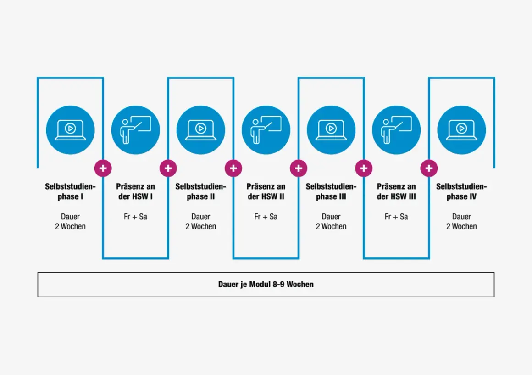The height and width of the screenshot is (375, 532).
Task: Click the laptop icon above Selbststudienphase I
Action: [70, 130]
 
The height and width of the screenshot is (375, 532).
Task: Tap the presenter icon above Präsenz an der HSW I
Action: [135, 130]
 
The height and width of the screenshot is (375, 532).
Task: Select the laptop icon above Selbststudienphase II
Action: [200, 130]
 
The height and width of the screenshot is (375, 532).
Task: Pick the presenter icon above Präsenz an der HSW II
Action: [266, 130]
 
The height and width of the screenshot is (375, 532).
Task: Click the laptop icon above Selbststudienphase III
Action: [331, 130]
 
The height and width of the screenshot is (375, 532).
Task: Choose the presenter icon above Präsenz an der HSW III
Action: [396, 130]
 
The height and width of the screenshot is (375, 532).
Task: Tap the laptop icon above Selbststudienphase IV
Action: [461, 130]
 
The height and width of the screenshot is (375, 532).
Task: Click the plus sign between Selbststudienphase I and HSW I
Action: [103, 168]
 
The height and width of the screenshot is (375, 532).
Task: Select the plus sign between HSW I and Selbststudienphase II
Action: [168, 168]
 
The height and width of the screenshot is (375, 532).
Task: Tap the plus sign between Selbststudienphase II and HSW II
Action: [233, 168]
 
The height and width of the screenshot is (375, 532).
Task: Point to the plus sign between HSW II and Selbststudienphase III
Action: [298, 168]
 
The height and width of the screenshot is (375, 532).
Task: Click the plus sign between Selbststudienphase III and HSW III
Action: [363, 168]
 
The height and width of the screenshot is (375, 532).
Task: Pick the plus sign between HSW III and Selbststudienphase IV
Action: [428, 168]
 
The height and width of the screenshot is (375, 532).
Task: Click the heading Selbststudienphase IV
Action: [461, 191]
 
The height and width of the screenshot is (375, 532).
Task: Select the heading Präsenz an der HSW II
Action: [266, 191]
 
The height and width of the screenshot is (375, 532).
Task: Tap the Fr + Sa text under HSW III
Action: [396, 217]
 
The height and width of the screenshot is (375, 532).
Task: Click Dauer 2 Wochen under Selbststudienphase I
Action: [70, 222]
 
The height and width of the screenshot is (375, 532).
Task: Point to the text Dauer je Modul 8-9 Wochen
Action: [266, 284]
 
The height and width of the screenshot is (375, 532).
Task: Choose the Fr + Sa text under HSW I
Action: [135, 217]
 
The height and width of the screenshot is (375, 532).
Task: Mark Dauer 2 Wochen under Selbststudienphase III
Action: [331, 222]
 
